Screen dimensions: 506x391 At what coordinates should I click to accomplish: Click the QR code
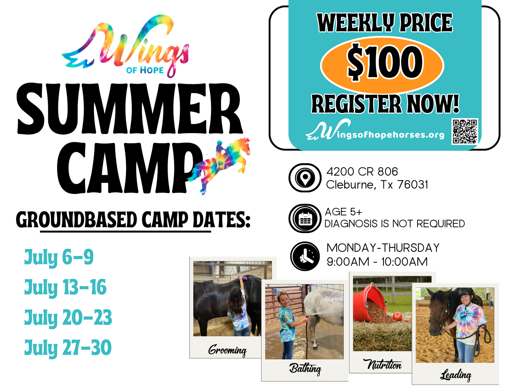point(465,131)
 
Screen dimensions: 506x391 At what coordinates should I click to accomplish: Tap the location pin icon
point(305,178)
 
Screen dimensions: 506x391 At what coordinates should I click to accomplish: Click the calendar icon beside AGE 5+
point(305,218)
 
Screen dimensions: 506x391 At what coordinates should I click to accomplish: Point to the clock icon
point(305,256)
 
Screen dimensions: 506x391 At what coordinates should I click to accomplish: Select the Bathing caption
point(305,369)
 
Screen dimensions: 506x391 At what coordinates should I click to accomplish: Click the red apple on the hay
point(397,316)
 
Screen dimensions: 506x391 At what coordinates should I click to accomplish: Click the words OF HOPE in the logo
point(145,70)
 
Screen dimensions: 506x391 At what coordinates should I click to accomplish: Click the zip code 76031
point(413,185)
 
